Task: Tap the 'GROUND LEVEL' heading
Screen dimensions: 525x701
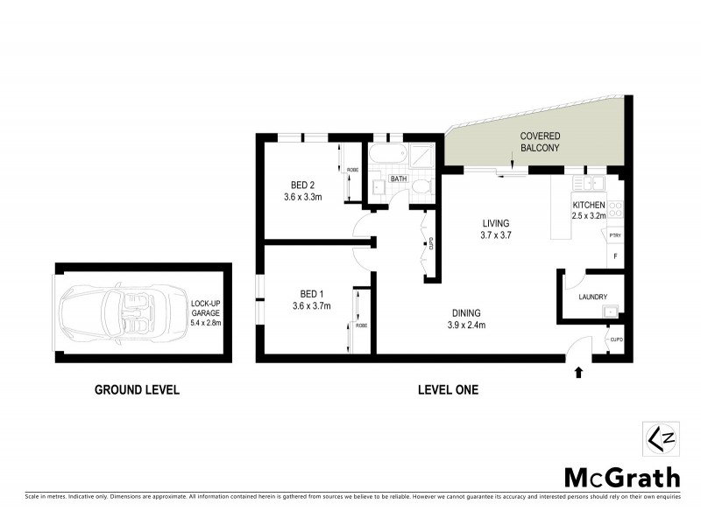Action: pyautogui.click(x=137, y=390)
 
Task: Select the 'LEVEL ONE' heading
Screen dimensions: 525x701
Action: pyautogui.click(x=448, y=390)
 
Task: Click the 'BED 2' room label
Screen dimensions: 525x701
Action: pyautogui.click(x=303, y=184)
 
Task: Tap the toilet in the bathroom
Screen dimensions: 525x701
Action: pyautogui.click(x=421, y=187)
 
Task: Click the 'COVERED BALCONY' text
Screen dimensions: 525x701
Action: pyautogui.click(x=540, y=143)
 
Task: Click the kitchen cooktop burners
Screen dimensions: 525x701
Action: pyautogui.click(x=615, y=209)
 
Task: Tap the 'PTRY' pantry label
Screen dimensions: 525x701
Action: pyautogui.click(x=615, y=235)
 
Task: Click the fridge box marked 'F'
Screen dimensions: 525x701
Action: pyautogui.click(x=615, y=255)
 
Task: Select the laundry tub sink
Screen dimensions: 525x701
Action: pyautogui.click(x=612, y=310)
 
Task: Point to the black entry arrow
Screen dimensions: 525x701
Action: pyautogui.click(x=577, y=372)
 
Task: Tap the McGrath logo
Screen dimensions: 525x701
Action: pyautogui.click(x=621, y=477)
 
